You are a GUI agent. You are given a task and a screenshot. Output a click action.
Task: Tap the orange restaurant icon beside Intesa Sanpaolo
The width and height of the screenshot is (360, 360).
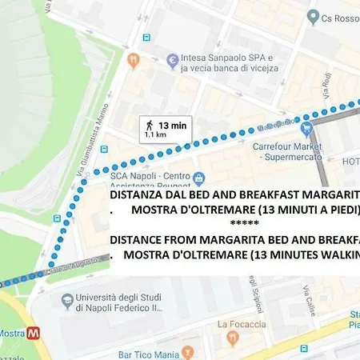click(x=134, y=59)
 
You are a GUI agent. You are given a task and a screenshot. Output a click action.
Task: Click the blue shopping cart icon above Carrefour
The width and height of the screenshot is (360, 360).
click(x=306, y=127)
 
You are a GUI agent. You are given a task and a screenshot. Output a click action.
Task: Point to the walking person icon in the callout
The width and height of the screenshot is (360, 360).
click(x=148, y=125)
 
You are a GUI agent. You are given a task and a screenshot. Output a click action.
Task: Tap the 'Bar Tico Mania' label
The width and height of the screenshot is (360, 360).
click(x=147, y=352)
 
